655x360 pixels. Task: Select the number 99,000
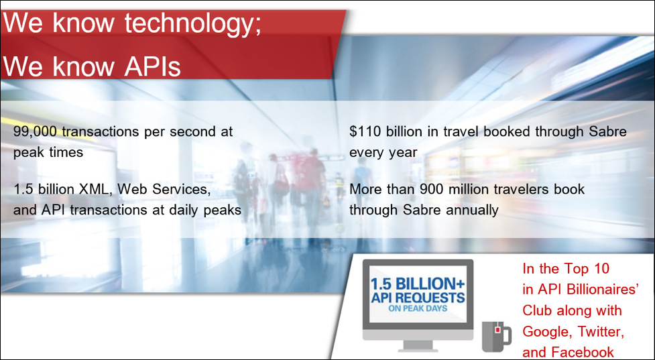pyautogui.click(x=36, y=132)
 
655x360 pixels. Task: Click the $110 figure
pyautogui.click(x=365, y=131)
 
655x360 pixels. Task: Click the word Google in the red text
pyautogui.click(x=548, y=332)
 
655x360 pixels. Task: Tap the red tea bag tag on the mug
pyautogui.click(x=497, y=330)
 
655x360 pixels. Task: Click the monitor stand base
pyautogui.click(x=417, y=349)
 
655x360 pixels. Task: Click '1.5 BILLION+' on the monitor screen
pyautogui.click(x=417, y=284)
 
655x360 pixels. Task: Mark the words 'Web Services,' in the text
pyautogui.click(x=164, y=189)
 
